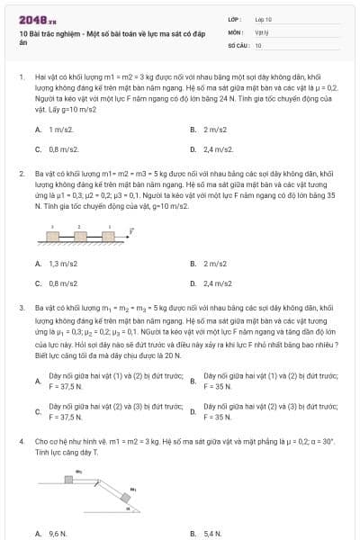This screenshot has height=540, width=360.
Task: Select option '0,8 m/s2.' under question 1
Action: coord(64,148)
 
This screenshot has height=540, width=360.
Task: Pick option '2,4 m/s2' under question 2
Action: coord(217,283)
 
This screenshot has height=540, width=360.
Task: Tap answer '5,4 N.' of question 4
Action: coord(213,534)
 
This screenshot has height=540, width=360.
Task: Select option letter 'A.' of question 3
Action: coord(38,381)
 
